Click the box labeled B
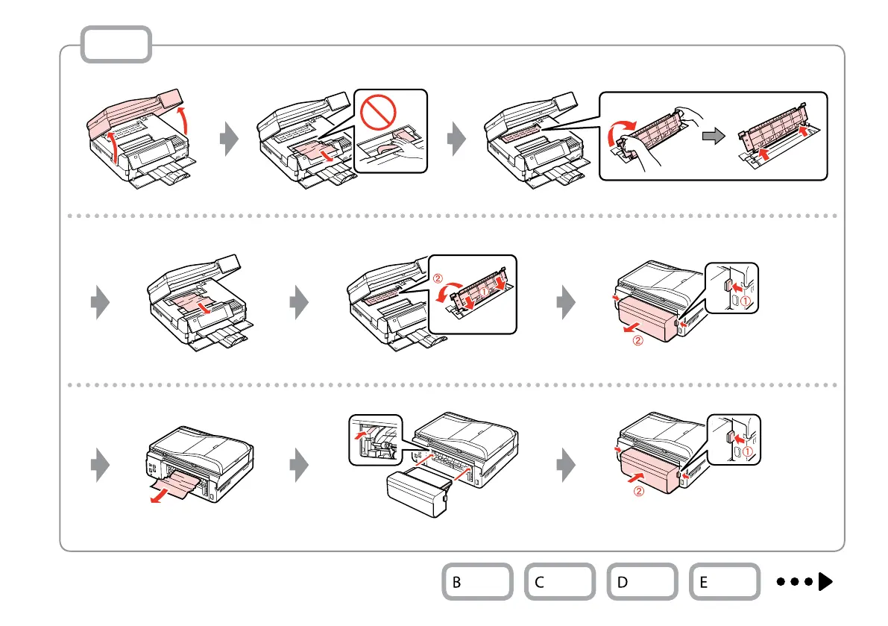click(477, 582)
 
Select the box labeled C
click(559, 582)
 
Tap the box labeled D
click(642, 582)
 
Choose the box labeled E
click(725, 582)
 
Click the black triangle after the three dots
click(825, 581)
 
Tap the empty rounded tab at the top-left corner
click(116, 45)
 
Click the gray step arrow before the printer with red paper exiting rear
click(100, 466)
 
